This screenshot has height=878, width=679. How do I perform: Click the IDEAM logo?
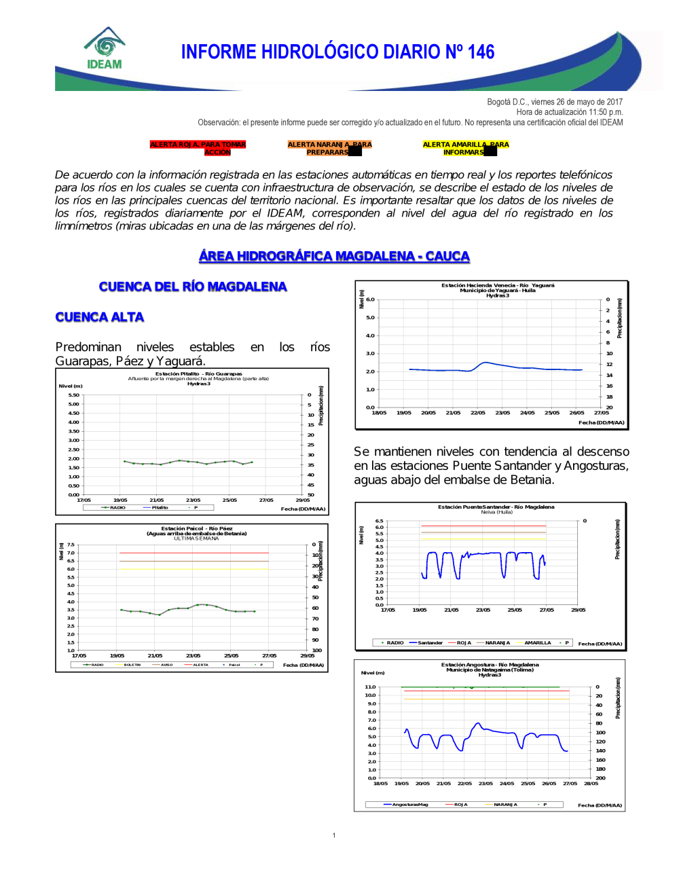(x=105, y=49)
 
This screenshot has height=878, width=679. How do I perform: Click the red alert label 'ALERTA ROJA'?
(x=198, y=148)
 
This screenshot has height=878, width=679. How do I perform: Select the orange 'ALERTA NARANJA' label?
(x=329, y=148)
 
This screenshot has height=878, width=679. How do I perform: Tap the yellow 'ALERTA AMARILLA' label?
(x=465, y=148)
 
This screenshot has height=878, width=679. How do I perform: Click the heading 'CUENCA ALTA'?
(x=100, y=317)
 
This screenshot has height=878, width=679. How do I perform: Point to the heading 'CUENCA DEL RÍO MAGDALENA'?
(x=193, y=287)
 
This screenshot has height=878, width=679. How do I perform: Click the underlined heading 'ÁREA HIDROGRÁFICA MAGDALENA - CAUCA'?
(x=334, y=256)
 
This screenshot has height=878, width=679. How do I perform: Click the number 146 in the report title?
(x=481, y=52)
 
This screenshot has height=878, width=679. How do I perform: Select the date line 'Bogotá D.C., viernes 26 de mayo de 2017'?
(x=555, y=102)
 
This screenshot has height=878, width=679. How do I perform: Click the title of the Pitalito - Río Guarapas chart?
(x=198, y=373)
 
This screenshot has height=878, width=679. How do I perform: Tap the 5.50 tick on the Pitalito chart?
(x=73, y=395)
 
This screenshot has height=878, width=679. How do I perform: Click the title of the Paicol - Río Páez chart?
(x=196, y=528)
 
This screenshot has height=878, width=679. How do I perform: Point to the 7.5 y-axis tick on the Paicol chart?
(x=71, y=545)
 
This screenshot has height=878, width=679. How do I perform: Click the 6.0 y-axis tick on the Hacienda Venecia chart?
(x=370, y=299)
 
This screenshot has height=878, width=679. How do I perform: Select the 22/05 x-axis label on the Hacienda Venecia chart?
(x=478, y=413)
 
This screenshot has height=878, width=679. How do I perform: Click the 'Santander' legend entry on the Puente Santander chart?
(x=430, y=642)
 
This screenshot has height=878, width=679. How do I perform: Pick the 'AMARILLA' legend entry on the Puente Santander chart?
(x=537, y=642)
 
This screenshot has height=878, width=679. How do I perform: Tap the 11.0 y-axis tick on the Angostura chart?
(x=370, y=687)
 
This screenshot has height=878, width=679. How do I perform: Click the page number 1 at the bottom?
(x=334, y=835)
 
